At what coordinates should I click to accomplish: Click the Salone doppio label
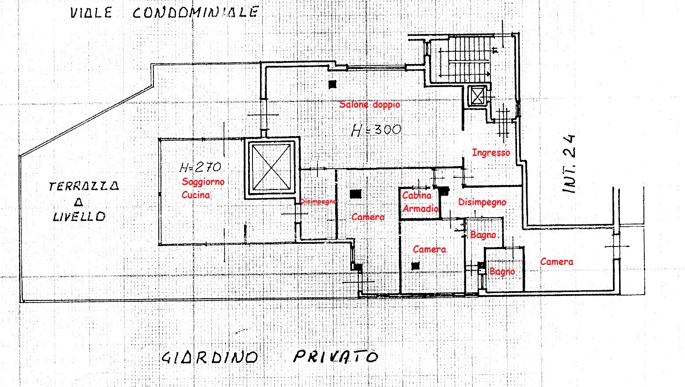click(x=369, y=105)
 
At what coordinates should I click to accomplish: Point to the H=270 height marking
click(x=200, y=167)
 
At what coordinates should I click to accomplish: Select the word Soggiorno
click(x=203, y=182)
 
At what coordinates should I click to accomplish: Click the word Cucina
click(x=196, y=195)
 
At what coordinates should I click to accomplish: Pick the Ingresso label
click(x=491, y=153)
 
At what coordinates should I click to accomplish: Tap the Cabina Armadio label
click(x=420, y=202)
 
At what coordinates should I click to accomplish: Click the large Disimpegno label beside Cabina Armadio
click(x=482, y=202)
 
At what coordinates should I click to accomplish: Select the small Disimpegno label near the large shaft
click(x=318, y=201)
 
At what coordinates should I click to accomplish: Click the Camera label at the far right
click(x=557, y=262)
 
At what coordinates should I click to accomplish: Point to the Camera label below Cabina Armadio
click(x=429, y=249)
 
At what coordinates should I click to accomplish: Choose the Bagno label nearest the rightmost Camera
click(x=502, y=272)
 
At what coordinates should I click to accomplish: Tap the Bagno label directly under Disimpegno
click(x=483, y=235)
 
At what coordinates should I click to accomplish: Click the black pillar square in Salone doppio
click(x=333, y=84)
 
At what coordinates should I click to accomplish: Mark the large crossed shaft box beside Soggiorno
click(x=272, y=167)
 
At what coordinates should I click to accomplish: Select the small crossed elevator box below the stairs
click(x=477, y=96)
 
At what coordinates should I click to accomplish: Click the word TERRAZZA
click(x=84, y=186)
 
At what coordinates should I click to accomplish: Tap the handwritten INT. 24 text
click(x=569, y=164)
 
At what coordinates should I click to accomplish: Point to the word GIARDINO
click(x=210, y=357)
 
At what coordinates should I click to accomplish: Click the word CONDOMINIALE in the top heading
click(x=196, y=12)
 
